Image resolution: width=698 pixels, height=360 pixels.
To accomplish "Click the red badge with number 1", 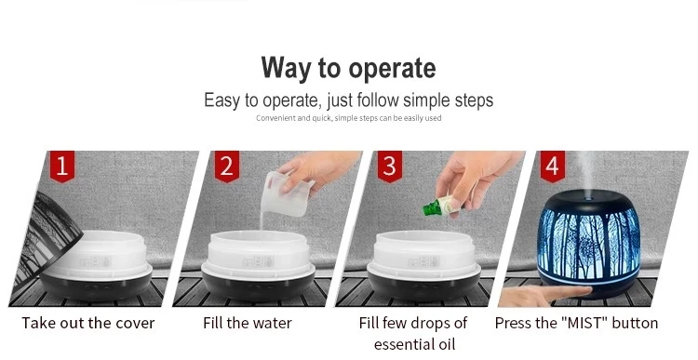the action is pos(61,166).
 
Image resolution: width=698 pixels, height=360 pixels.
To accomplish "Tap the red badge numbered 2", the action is pos(226,166).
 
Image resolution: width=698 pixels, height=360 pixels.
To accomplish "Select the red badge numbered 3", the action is pos(390,166).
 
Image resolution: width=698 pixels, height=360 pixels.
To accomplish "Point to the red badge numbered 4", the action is pos(553,166).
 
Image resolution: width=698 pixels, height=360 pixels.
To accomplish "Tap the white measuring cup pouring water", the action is pos(286,194).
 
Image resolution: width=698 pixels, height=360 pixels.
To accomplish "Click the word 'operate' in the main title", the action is pos(392,69).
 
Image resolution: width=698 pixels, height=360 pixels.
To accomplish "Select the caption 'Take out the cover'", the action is pos(88,323).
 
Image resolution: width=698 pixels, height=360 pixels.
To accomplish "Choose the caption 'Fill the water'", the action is pos(248,323).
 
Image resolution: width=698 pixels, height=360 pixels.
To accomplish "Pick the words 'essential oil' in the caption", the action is pos(415,344).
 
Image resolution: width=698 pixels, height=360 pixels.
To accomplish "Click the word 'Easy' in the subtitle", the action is pos(221,100).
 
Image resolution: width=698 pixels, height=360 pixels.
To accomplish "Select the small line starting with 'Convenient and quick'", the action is pos(349,118).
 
